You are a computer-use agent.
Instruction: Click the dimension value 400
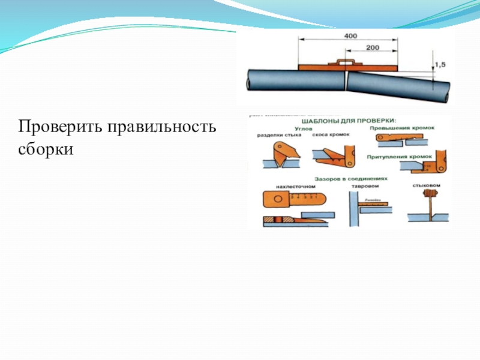coord(350,37)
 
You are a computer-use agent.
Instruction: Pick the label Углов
coord(304,127)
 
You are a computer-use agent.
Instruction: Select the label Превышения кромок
coord(403,127)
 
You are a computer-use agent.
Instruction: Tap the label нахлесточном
coord(296,186)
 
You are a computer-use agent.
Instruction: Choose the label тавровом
coord(364,186)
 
